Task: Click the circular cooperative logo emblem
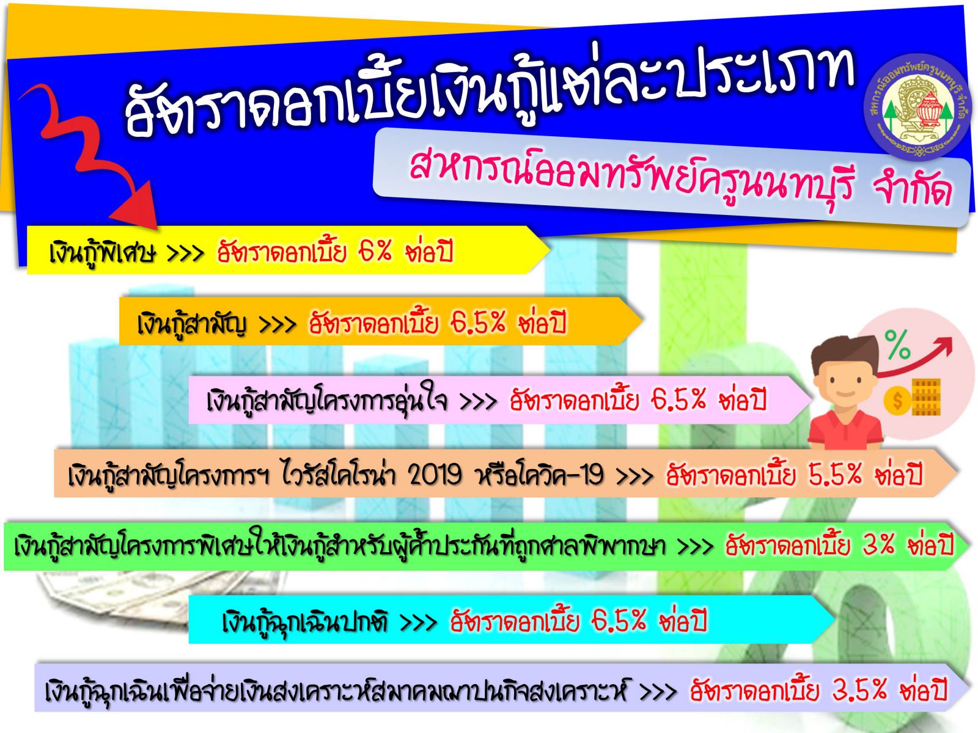coord(917,109)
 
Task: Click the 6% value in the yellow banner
coord(375,251)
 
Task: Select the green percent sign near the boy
coord(897,343)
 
